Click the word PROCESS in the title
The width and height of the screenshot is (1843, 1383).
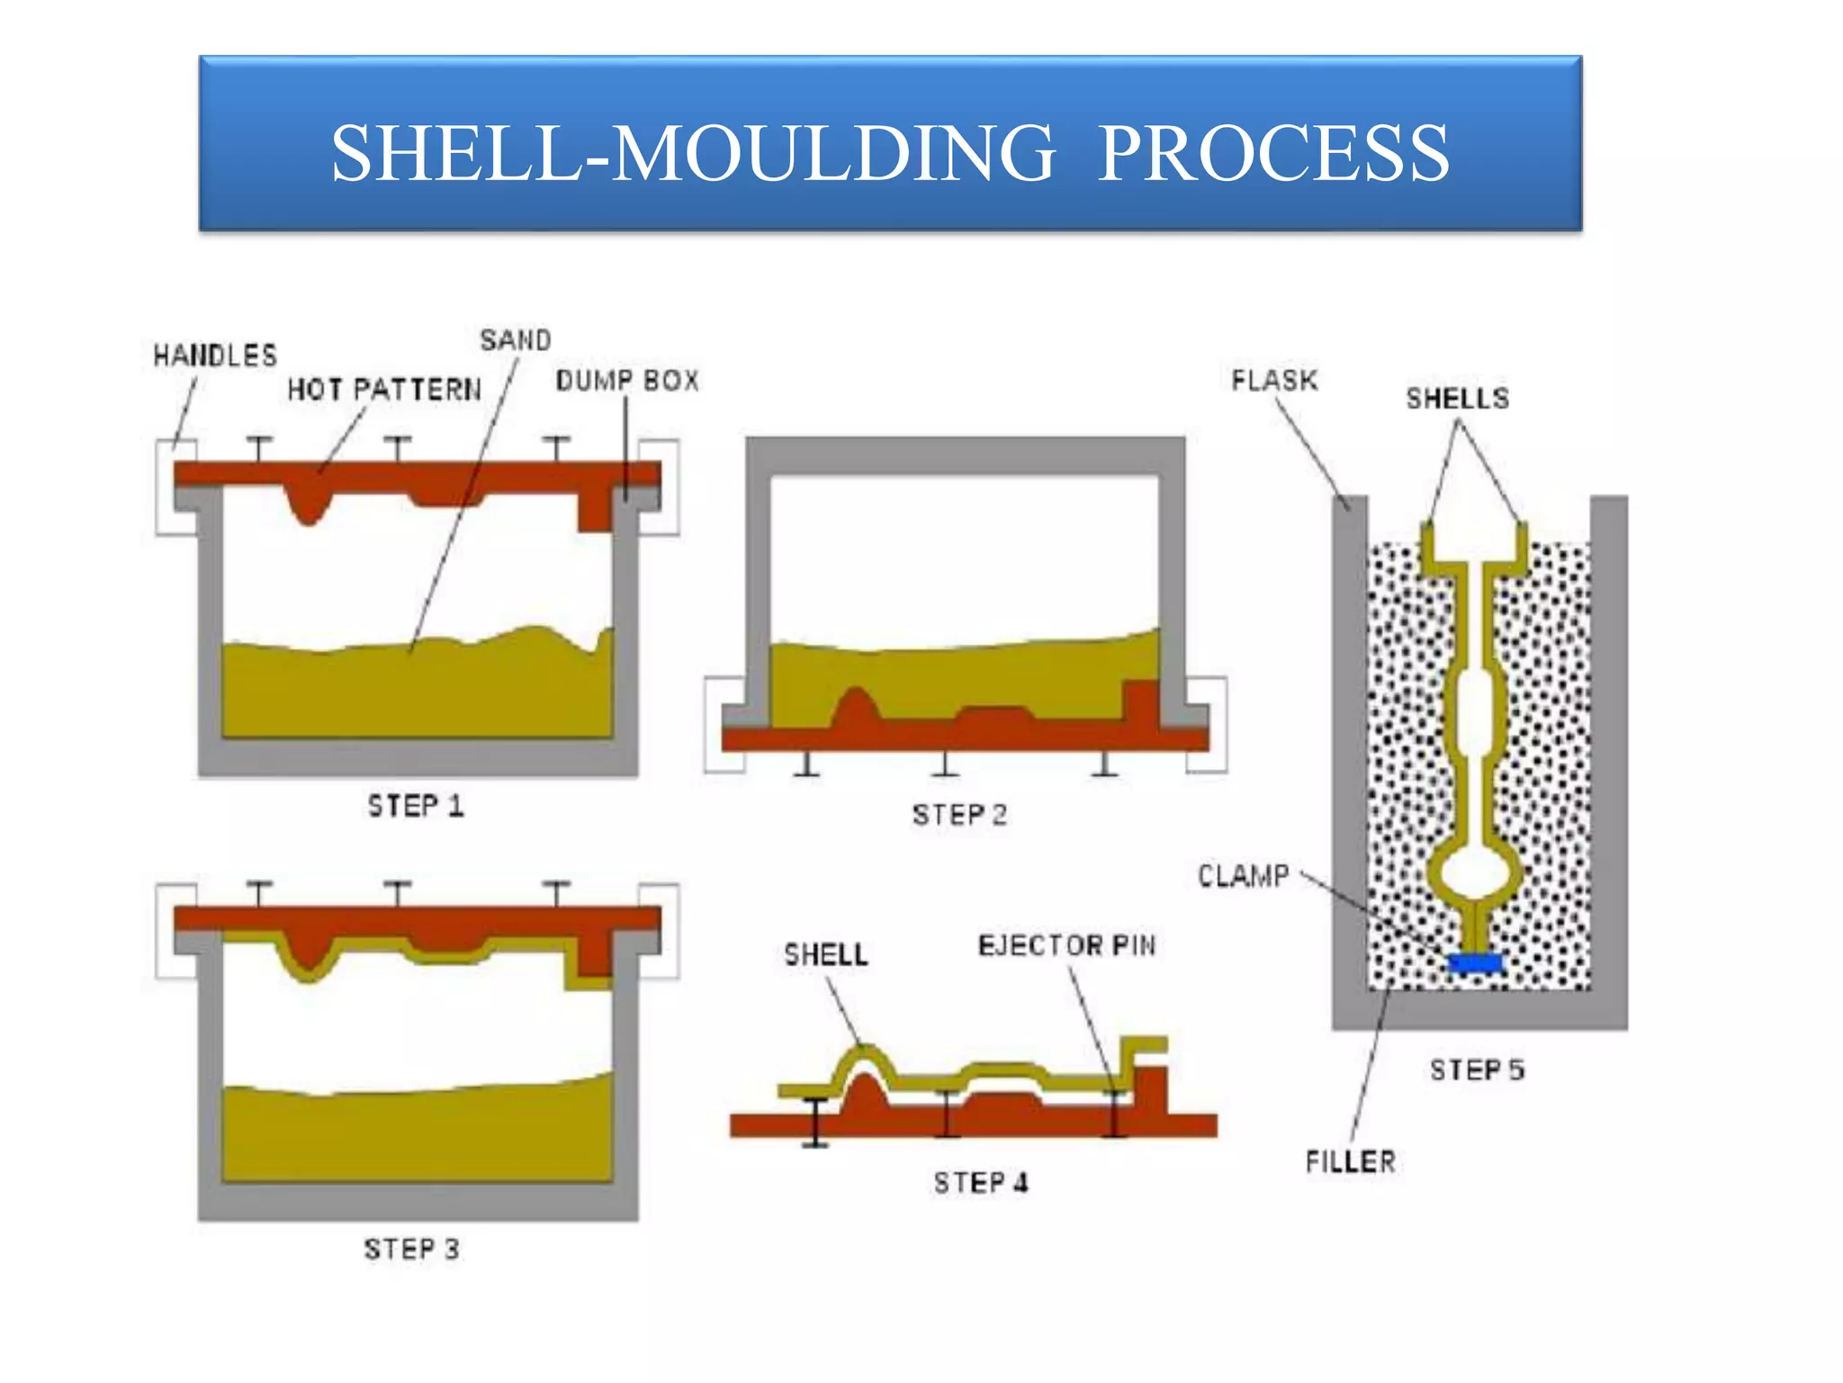(x=1273, y=153)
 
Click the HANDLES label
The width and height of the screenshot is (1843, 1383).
(x=215, y=356)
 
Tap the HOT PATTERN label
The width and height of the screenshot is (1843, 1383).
(x=384, y=390)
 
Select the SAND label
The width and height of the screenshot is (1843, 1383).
(x=515, y=340)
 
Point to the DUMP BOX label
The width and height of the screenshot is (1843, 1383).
(x=627, y=381)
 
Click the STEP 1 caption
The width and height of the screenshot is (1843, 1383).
(x=415, y=806)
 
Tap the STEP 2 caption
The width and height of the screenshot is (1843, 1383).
(x=959, y=815)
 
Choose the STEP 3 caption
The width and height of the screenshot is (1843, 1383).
(x=411, y=1250)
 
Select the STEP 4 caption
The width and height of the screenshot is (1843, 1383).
(x=980, y=1182)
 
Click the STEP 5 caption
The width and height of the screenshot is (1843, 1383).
(x=1477, y=1070)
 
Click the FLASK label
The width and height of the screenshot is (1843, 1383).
(x=1274, y=380)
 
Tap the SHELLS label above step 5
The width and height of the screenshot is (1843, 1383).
(x=1458, y=399)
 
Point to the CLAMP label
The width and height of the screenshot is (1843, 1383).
(x=1244, y=875)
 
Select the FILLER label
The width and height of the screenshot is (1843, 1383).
(x=1351, y=1162)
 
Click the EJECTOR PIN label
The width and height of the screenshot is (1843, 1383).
(x=1066, y=945)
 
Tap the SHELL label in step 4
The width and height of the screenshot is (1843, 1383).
(x=825, y=954)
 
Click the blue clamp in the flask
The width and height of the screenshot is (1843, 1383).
(x=1476, y=963)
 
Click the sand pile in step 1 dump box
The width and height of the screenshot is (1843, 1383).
(x=414, y=693)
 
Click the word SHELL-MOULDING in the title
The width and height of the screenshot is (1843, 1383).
(x=693, y=153)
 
